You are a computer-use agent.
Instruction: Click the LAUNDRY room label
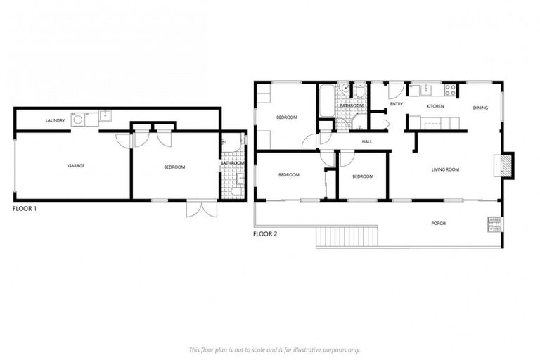56,120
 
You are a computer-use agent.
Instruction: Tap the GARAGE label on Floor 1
76,166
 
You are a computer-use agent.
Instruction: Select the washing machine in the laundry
77,120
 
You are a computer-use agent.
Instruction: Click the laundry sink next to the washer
104,116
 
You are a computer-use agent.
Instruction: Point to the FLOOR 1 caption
25,209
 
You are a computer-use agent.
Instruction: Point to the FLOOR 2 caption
264,234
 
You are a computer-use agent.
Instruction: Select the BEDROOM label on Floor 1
174,167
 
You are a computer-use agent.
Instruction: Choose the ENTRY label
397,105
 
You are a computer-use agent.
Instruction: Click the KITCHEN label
435,106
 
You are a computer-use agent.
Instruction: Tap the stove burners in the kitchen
451,89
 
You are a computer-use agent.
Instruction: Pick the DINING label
480,108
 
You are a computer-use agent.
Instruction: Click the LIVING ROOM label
445,169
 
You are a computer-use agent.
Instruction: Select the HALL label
366,141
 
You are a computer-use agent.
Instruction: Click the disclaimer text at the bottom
275,349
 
